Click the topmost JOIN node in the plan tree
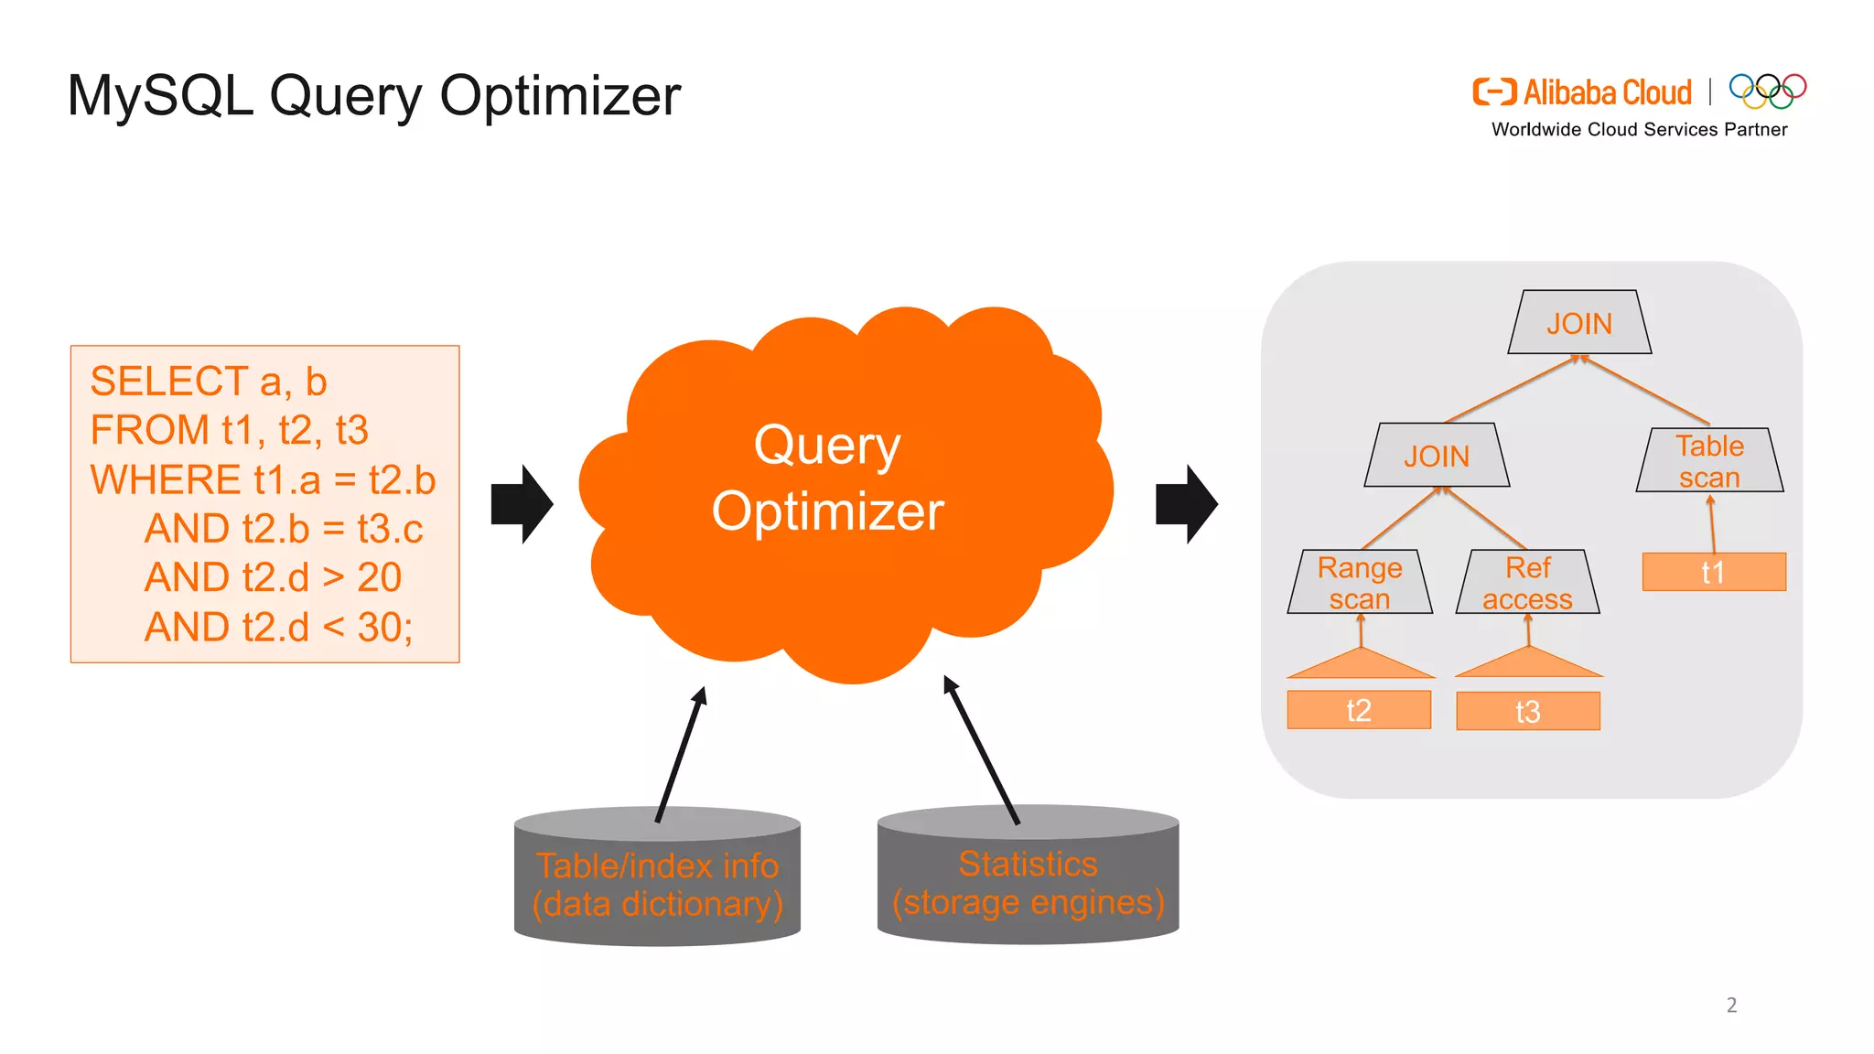[1579, 323]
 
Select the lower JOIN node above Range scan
[1437, 456]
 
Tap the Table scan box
[1709, 461]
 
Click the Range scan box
[1360, 583]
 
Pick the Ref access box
[1527, 583]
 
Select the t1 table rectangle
[1714, 572]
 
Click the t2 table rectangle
[1359, 710]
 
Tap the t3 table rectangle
[1528, 711]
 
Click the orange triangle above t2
[1361, 665]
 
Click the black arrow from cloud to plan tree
[1187, 504]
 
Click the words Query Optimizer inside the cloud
[828, 478]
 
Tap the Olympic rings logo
[1767, 91]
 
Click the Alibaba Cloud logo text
[1607, 92]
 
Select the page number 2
[1731, 1005]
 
